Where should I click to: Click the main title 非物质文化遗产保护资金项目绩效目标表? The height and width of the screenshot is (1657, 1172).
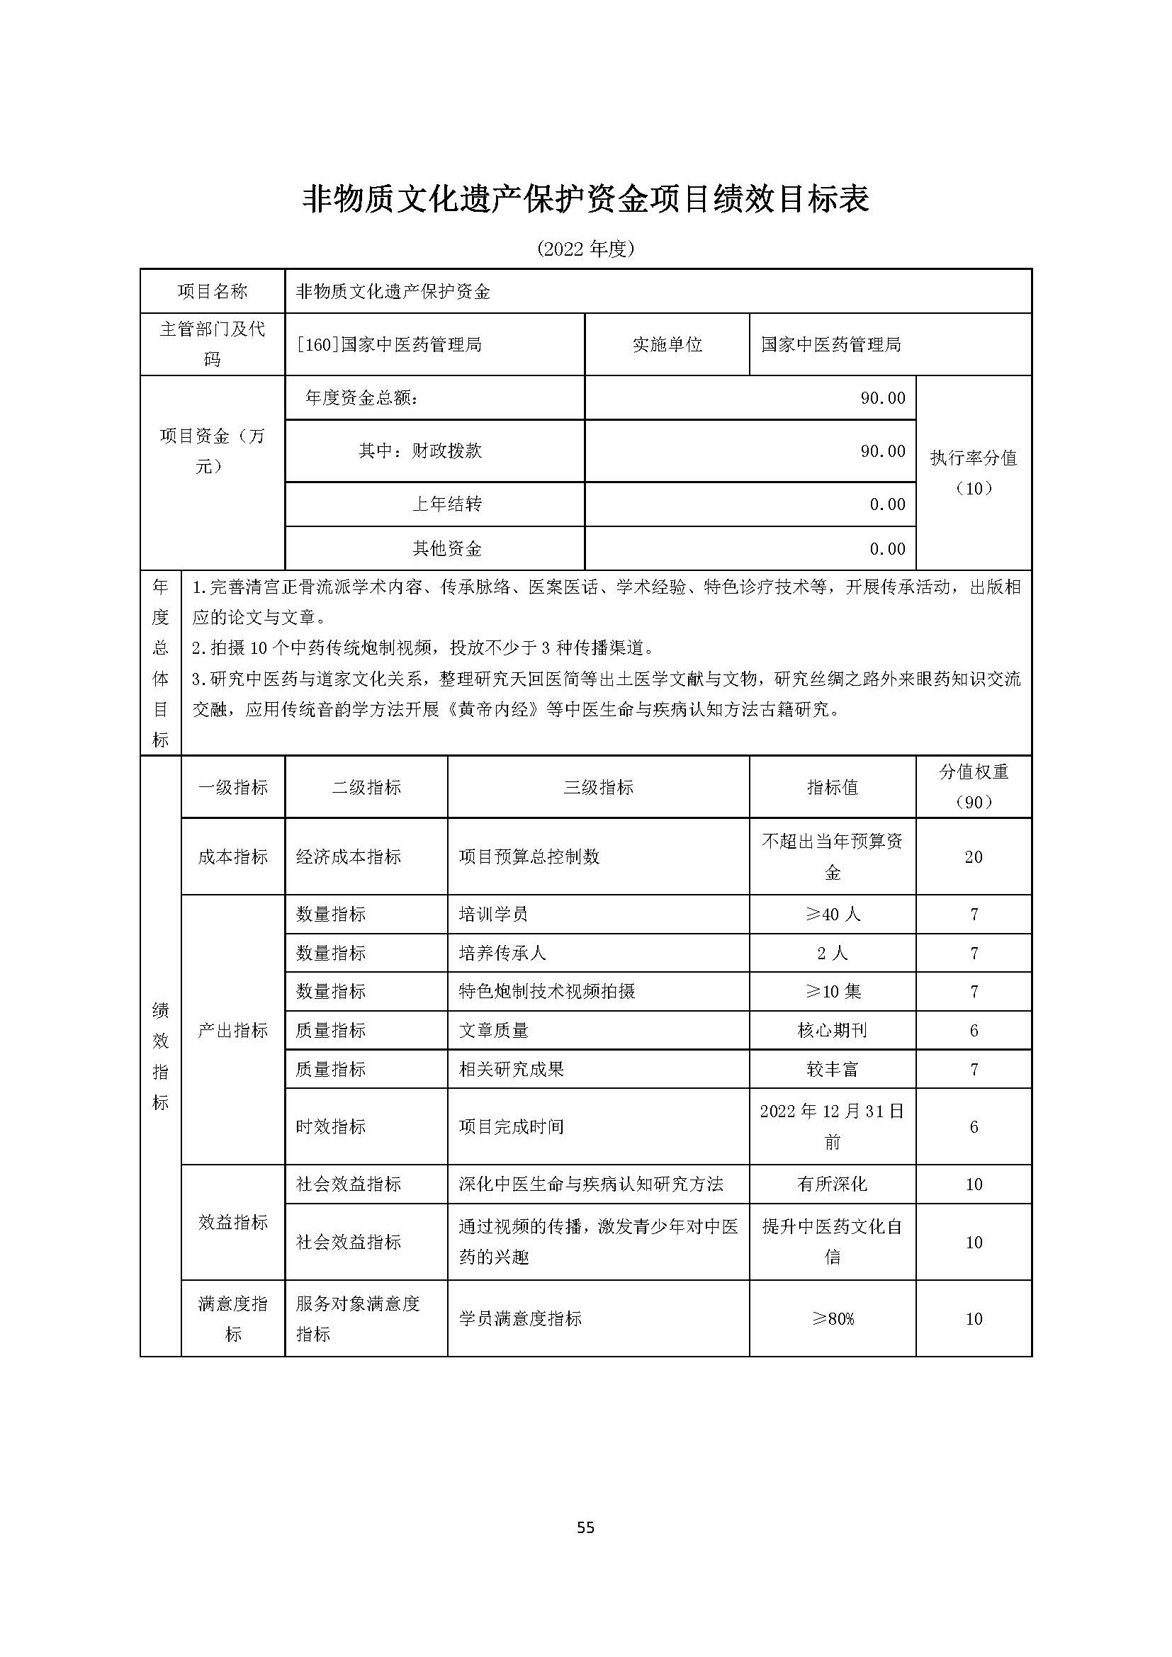[x=585, y=199]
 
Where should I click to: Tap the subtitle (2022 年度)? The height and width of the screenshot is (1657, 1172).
[x=585, y=249]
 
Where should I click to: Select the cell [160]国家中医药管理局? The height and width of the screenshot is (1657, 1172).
[x=390, y=345]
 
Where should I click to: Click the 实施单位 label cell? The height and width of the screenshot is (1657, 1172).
[x=667, y=345]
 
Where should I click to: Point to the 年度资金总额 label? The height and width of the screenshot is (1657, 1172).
[x=361, y=397]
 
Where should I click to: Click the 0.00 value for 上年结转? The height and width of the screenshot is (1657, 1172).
[x=887, y=504]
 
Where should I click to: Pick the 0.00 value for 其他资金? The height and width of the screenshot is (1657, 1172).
[x=887, y=548]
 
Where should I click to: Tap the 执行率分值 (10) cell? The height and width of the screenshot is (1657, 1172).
[x=974, y=473]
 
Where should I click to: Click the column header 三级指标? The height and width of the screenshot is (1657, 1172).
[x=598, y=787]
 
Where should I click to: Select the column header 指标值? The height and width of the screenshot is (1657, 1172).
[x=832, y=787]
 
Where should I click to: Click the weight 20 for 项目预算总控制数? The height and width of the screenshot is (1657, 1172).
[x=974, y=856]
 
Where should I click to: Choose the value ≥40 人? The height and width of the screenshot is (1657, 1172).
[x=832, y=915]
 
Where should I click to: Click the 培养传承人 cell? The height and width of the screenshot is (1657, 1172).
[x=502, y=953]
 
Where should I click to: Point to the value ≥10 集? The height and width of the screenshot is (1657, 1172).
[x=832, y=991]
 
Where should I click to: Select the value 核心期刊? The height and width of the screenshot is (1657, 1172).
[x=832, y=1030]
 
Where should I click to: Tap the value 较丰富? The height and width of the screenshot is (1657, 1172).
[x=832, y=1069]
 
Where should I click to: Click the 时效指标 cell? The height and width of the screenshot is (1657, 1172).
[x=330, y=1126]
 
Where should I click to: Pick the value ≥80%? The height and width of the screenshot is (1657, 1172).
[x=832, y=1318]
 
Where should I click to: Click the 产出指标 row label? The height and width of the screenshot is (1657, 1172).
[x=232, y=1030]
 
